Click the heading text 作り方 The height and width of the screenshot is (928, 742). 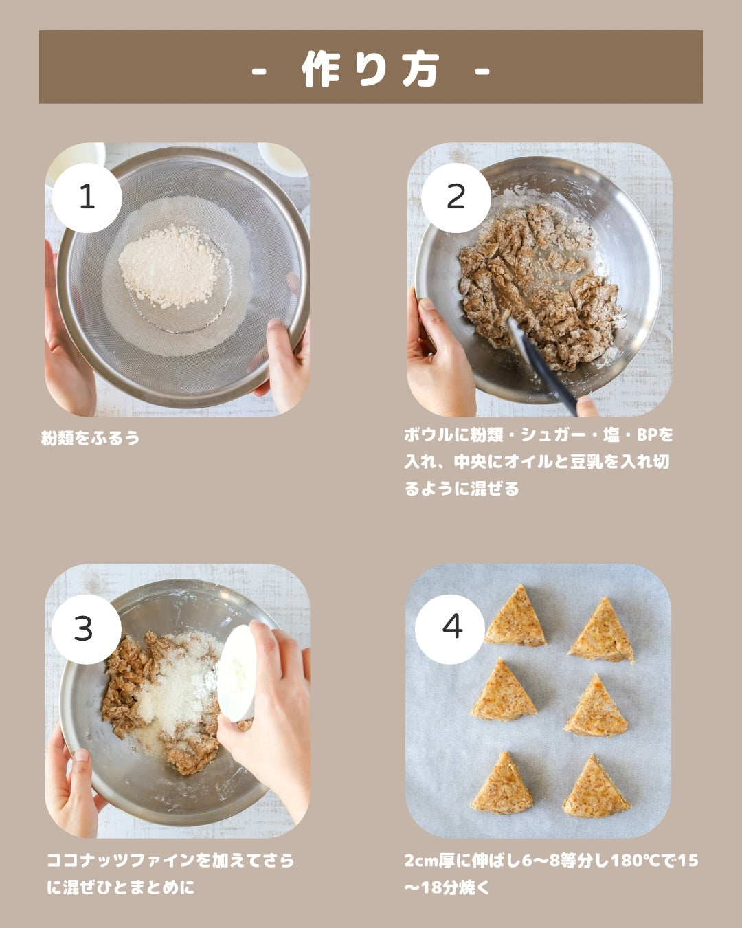371,69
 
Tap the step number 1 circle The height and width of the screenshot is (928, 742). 87,198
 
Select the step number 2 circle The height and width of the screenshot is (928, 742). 456,198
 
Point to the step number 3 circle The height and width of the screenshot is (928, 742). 87,629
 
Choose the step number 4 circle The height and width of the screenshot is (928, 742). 450,629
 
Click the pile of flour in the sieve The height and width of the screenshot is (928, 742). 170,267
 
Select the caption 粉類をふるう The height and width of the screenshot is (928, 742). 91,438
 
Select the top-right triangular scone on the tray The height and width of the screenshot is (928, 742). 601,630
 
